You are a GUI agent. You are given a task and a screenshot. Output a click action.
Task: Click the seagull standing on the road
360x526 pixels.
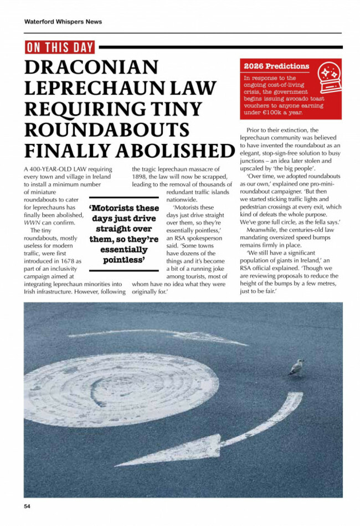296,368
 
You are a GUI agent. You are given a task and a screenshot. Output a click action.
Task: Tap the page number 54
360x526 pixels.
27,506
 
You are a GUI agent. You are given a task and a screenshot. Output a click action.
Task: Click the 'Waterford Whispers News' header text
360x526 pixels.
63,22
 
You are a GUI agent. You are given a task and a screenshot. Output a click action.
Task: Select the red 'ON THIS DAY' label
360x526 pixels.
60,47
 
